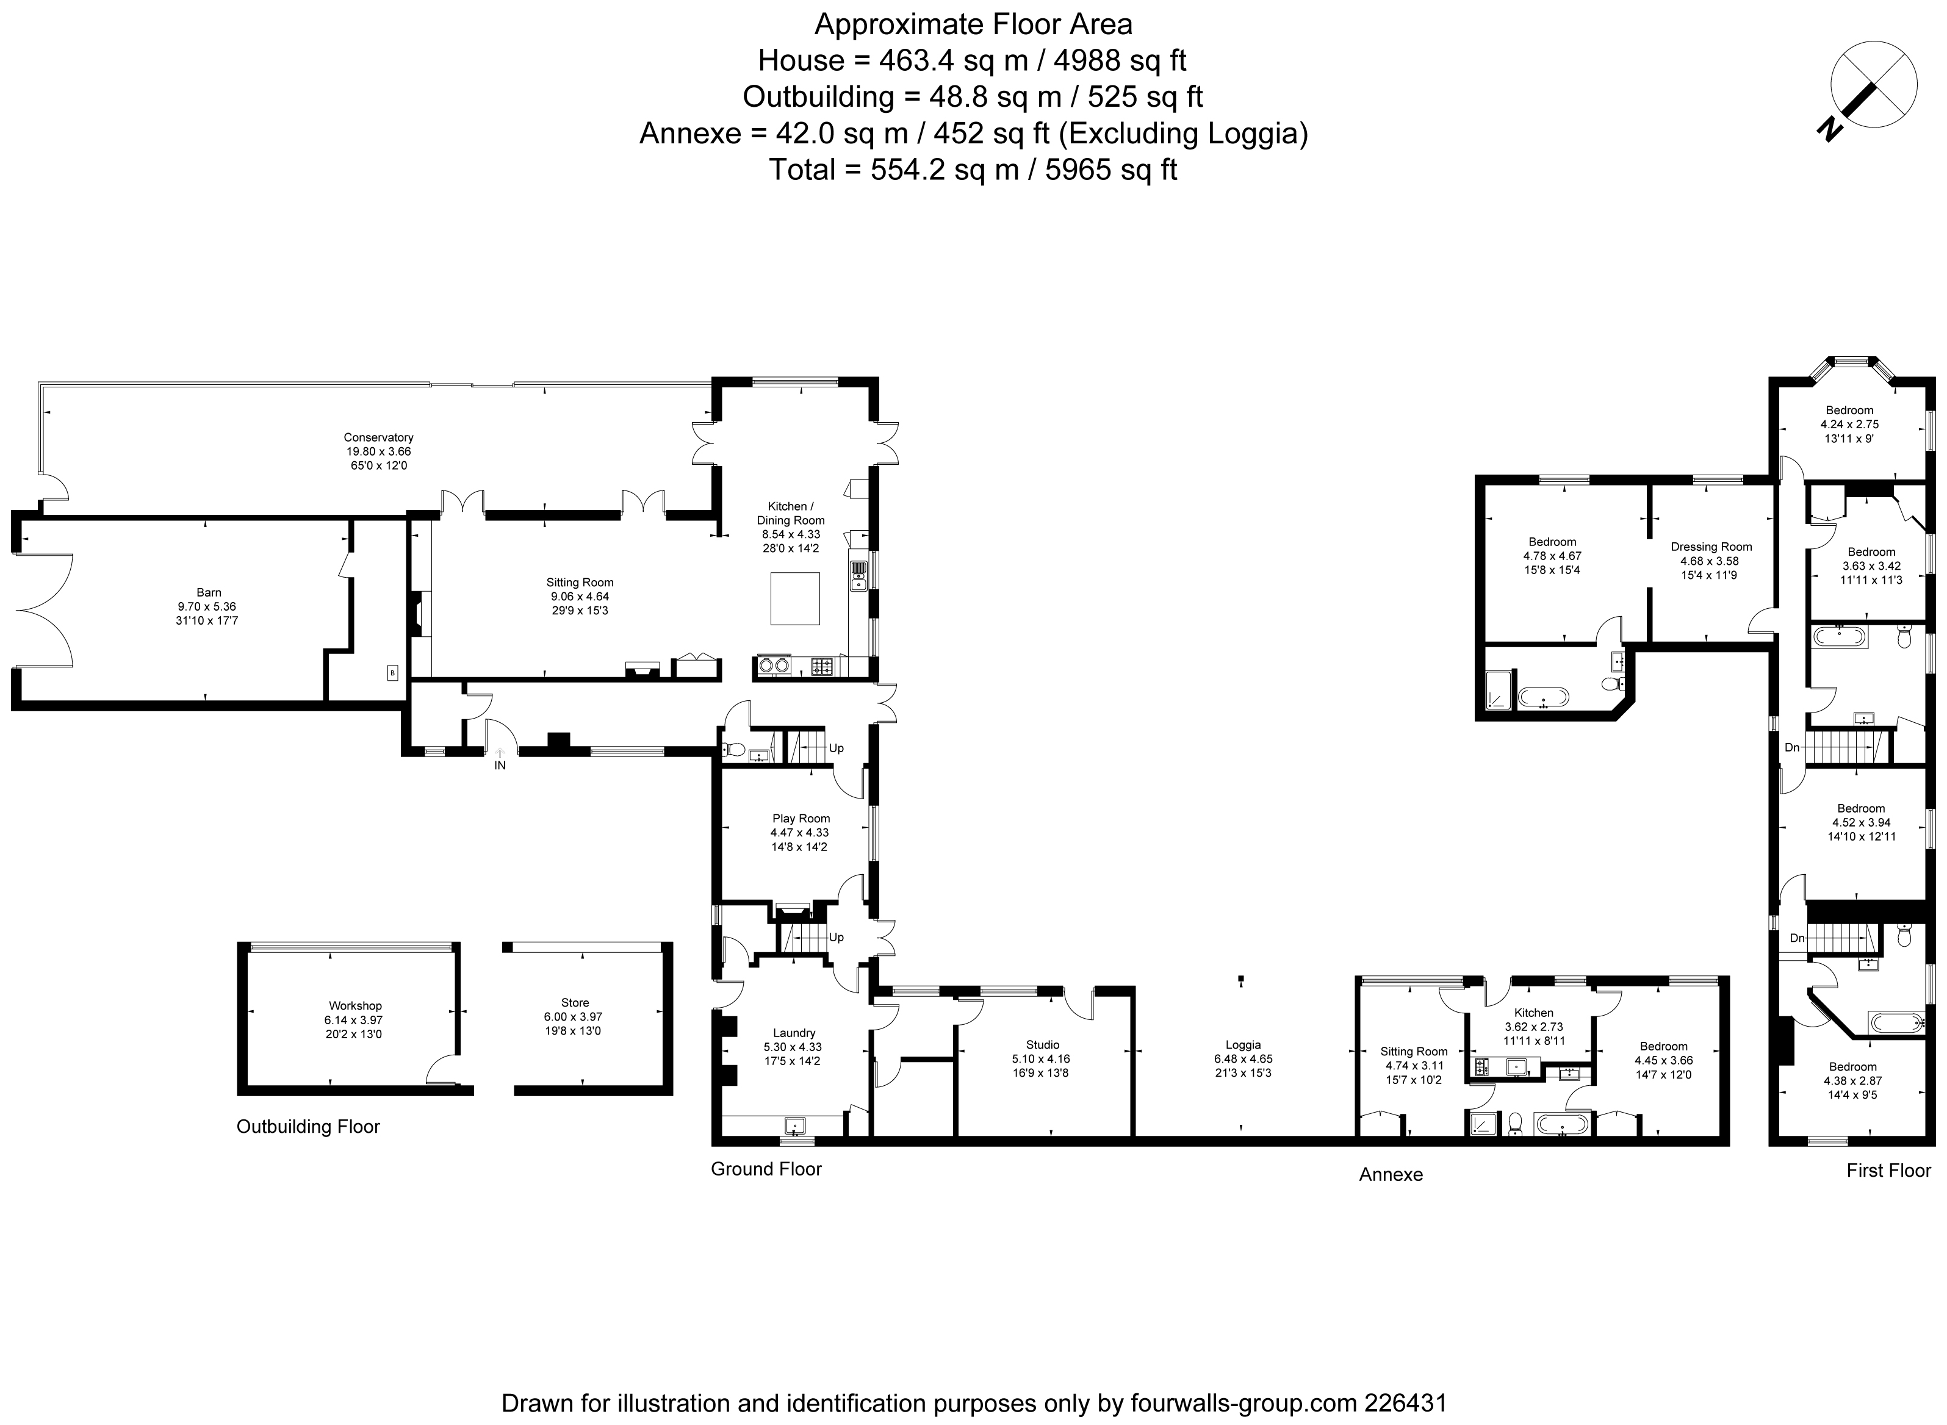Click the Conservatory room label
click(379, 437)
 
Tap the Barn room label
click(209, 592)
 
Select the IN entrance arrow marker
click(500, 753)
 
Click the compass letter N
click(1828, 129)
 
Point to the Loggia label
click(1243, 1044)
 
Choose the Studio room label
click(1043, 1044)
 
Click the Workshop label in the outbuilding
click(354, 1006)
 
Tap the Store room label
click(575, 1002)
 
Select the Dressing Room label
click(1711, 547)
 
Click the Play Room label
click(801, 819)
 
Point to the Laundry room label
click(794, 1033)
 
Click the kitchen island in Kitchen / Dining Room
click(794, 598)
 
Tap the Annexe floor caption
click(1391, 1175)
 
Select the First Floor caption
click(1888, 1171)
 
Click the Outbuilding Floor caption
click(308, 1127)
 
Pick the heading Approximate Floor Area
click(973, 25)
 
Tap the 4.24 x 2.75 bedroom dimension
click(1849, 425)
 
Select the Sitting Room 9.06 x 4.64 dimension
click(579, 596)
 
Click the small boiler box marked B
click(392, 673)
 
